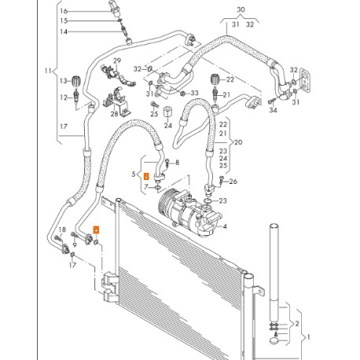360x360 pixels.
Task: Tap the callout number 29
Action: tap(117, 61)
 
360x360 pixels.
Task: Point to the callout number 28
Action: tap(114, 115)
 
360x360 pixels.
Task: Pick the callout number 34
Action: tap(274, 109)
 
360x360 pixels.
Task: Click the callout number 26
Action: tap(233, 182)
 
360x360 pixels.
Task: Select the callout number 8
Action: tap(177, 163)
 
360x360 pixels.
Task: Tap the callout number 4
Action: tap(225, 227)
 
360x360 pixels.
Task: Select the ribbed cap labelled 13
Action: tap(77, 81)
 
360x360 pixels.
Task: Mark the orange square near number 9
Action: tap(96, 230)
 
